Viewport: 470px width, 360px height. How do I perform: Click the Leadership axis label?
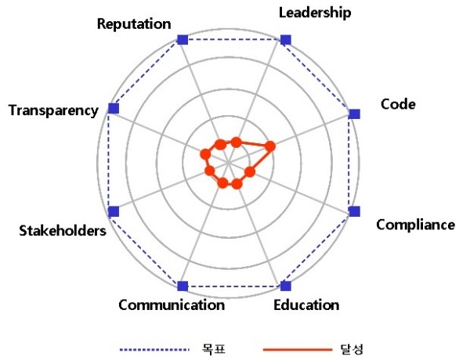click(315, 13)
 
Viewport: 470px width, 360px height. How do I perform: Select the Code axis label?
click(398, 104)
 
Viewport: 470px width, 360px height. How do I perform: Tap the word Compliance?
click(415, 225)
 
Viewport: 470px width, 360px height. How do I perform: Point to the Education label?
click(306, 304)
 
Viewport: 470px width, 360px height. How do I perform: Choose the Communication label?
click(172, 304)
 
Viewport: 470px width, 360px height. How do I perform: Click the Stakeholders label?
click(62, 231)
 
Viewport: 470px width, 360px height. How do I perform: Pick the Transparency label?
click(53, 110)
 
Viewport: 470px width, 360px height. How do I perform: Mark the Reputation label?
click(134, 23)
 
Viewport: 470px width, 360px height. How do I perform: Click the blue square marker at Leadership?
click(285, 39)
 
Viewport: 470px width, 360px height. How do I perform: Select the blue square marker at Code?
click(354, 113)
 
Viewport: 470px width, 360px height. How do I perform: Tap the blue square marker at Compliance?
click(354, 211)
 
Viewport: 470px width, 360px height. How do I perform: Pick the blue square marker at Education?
click(285, 286)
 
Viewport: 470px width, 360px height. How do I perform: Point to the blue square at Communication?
click(183, 286)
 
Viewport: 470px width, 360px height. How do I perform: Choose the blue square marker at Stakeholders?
click(114, 211)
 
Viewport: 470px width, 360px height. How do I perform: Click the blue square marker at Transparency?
click(114, 108)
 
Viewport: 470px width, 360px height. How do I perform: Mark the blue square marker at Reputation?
click(183, 39)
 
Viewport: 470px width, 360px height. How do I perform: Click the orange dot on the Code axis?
click(270, 146)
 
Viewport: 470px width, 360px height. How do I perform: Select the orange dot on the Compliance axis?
click(250, 171)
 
